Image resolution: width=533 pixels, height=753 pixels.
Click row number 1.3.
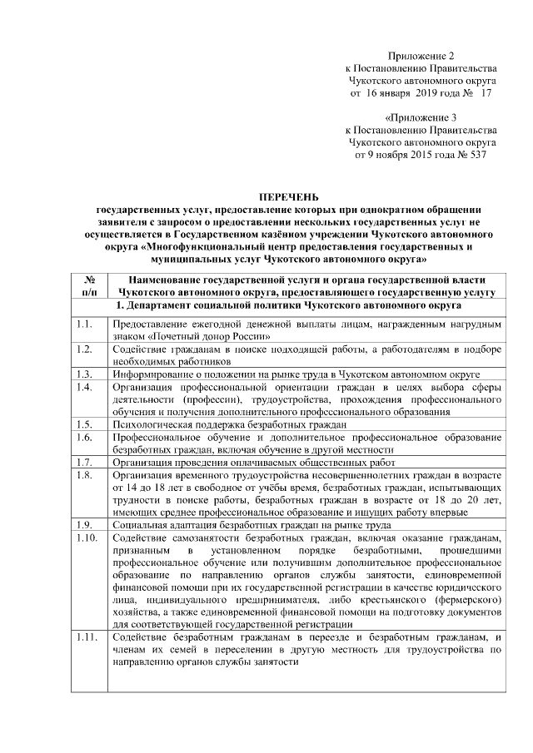82,375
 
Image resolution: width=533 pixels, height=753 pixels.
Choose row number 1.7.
82,462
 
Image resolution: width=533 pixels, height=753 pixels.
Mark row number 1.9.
82,525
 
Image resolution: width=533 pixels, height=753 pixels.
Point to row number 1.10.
85,538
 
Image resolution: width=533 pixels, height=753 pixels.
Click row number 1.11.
85,637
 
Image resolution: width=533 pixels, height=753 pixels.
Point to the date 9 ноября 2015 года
395,155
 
